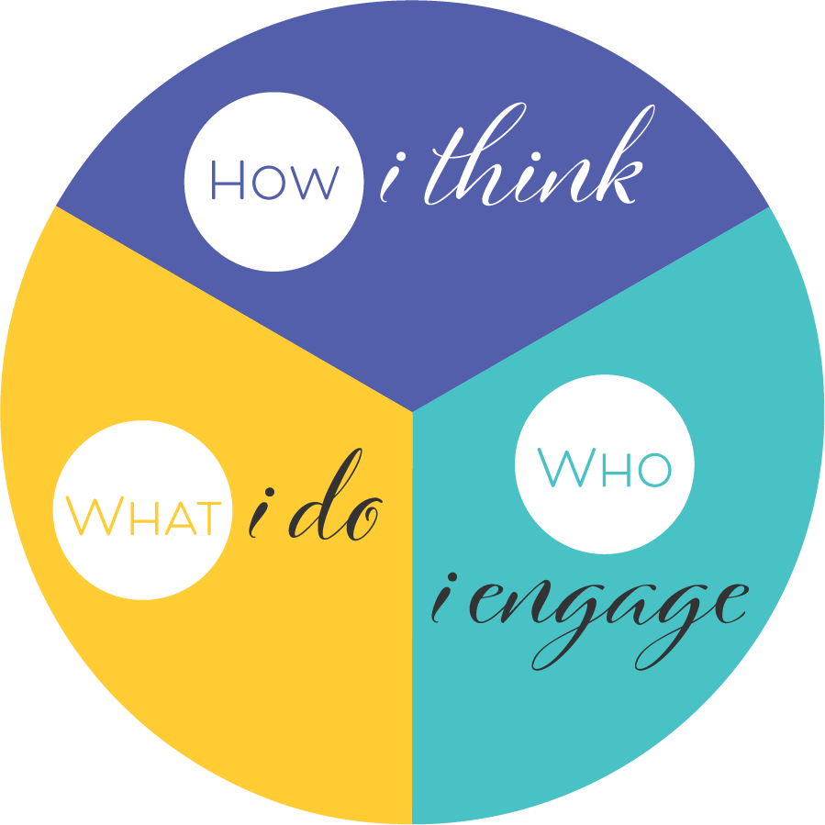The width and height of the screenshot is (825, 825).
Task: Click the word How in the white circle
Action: click(x=274, y=180)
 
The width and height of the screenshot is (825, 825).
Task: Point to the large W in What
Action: click(x=88, y=517)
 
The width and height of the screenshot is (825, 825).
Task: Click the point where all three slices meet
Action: click(x=413, y=412)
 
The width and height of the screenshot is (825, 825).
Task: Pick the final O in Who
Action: click(x=652, y=471)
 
